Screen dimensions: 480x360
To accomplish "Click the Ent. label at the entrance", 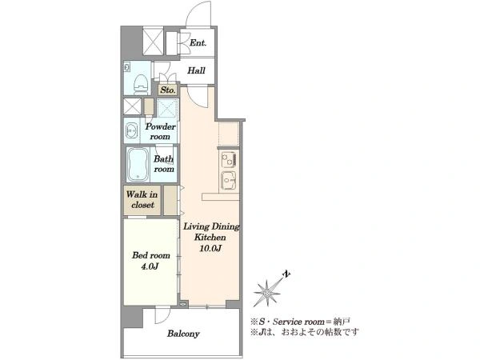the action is [198, 43].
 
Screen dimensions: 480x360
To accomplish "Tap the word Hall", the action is [196, 70].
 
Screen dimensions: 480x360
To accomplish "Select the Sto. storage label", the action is [168, 90].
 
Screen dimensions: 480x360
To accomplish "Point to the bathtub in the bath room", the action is [138, 164].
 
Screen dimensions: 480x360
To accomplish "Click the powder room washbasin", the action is [132, 130].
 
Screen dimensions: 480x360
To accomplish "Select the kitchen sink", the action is [229, 180].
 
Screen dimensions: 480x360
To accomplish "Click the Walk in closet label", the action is [142, 199].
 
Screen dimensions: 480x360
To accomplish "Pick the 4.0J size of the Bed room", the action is [150, 266].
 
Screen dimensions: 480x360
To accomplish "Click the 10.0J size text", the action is [210, 248].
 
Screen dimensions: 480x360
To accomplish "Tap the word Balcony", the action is [183, 334].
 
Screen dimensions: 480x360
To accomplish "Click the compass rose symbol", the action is [267, 293].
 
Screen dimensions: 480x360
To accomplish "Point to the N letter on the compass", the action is [286, 274].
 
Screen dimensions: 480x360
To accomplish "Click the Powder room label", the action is [161, 132].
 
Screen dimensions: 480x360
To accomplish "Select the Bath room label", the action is [164, 164].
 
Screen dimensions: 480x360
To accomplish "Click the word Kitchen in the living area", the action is [210, 238].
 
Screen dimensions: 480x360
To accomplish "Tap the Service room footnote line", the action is [300, 322].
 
